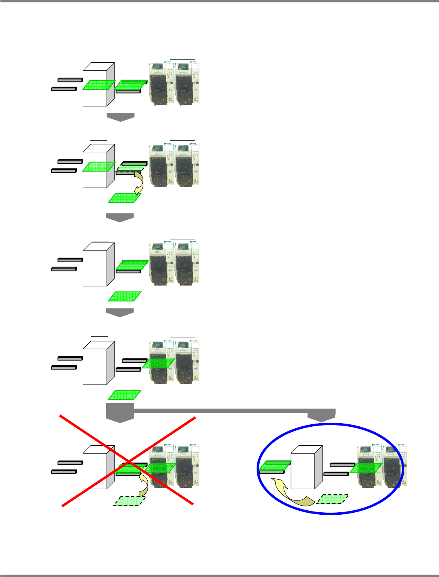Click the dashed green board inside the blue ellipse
[332, 499]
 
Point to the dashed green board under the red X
[129, 501]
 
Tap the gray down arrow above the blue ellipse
[321, 415]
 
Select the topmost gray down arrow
[120, 117]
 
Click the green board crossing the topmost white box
[99, 85]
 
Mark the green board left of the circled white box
[275, 465]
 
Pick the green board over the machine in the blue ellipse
[366, 467]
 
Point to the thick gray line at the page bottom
[219, 575]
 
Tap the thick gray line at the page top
[219, 1]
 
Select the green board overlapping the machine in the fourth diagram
[158, 363]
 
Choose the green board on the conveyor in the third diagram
[132, 265]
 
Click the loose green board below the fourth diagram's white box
[124, 395]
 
